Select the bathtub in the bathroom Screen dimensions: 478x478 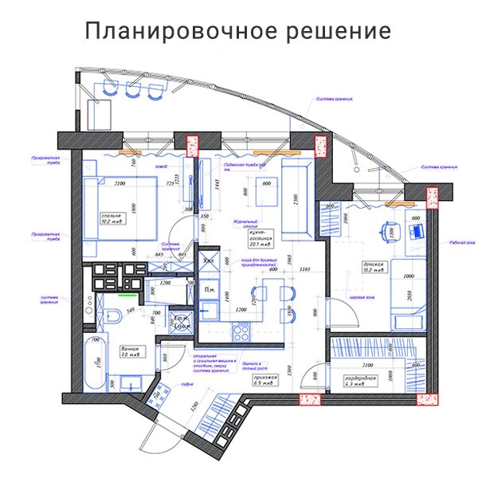(95, 364)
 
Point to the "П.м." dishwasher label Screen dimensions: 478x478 (210, 288)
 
